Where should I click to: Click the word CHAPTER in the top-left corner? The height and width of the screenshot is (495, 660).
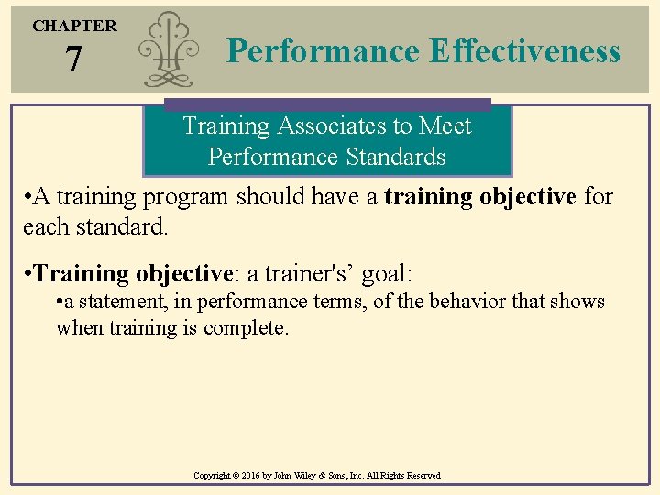pos(74,26)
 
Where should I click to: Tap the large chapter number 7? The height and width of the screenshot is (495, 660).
pos(74,60)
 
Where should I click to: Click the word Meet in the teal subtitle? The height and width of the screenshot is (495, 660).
pos(445,126)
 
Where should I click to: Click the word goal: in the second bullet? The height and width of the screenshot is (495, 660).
pos(388,273)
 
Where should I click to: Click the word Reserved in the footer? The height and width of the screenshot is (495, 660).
pos(420,476)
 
